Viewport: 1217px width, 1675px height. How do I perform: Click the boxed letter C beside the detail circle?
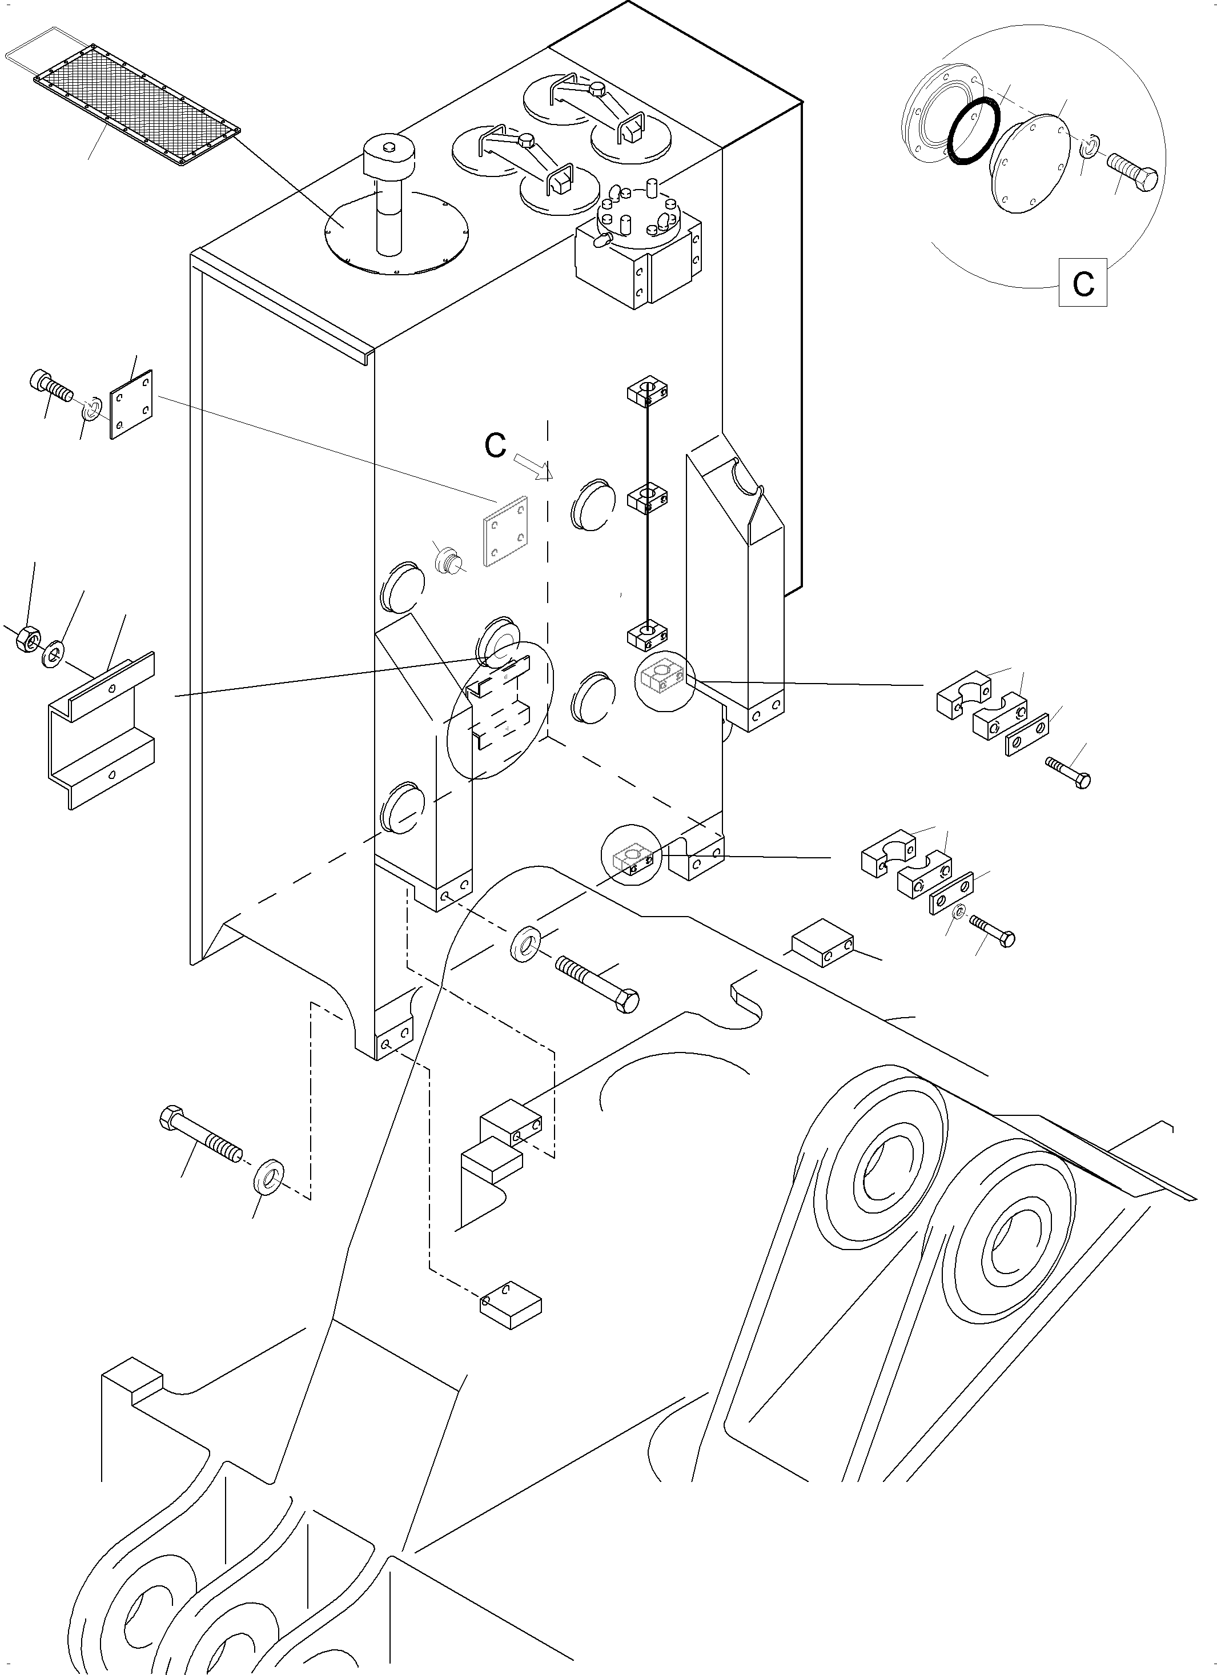point(1083,282)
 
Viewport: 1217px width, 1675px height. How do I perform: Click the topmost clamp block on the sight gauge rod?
point(648,391)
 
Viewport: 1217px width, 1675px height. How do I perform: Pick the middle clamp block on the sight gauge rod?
point(648,499)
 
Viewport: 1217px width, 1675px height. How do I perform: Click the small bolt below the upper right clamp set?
point(1069,773)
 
